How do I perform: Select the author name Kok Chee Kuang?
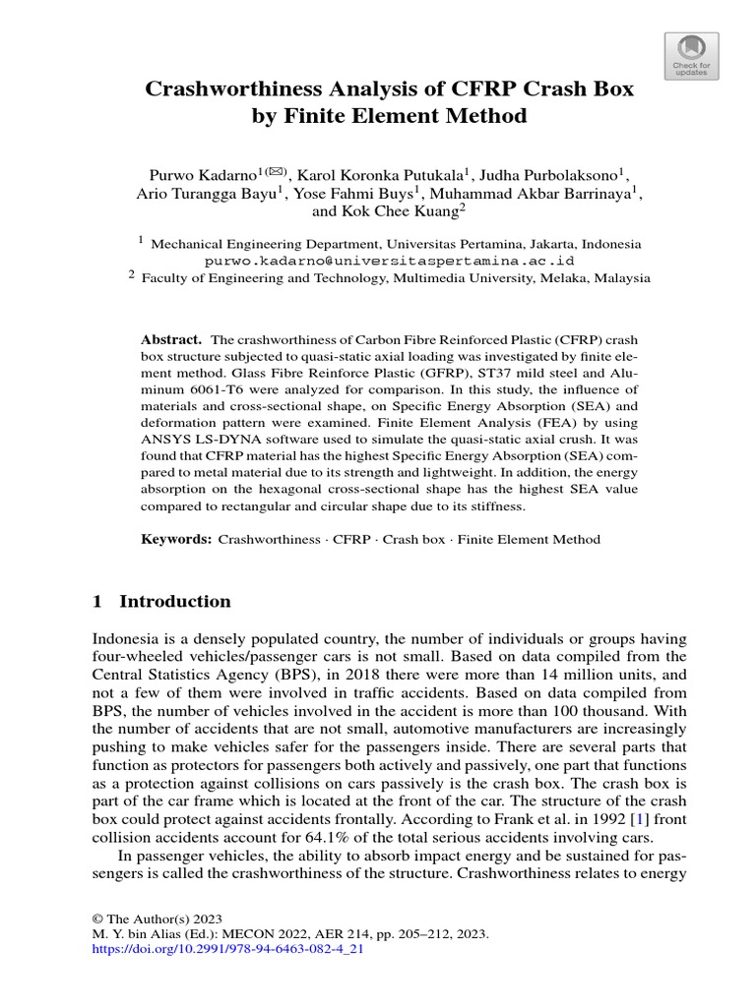tap(401, 211)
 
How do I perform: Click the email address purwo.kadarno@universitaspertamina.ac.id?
tap(389, 261)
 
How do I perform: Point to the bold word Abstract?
tap(171, 338)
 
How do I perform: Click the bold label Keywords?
tap(176, 540)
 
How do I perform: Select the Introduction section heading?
tap(174, 602)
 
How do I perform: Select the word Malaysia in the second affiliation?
tap(619, 278)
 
